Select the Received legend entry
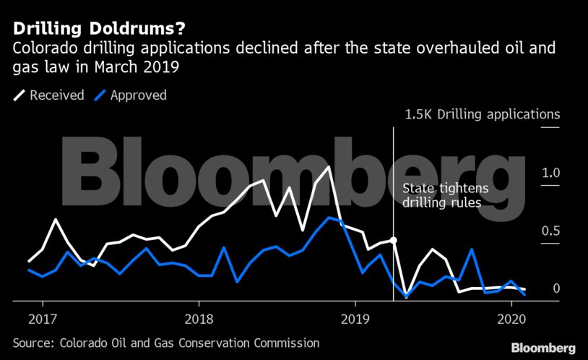(57, 95)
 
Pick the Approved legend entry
(138, 95)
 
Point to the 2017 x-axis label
(43, 319)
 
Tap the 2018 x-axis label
(199, 319)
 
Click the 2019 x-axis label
(355, 319)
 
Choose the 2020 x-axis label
(511, 319)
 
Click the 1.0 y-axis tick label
(550, 173)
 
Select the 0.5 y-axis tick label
(550, 231)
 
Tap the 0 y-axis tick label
(556, 288)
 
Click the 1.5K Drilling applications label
(482, 114)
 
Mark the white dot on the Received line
(393, 240)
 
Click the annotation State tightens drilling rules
(445, 196)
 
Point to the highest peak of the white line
(329, 167)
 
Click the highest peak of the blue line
(329, 217)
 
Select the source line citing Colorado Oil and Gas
(166, 343)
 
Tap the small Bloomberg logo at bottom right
(543, 348)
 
